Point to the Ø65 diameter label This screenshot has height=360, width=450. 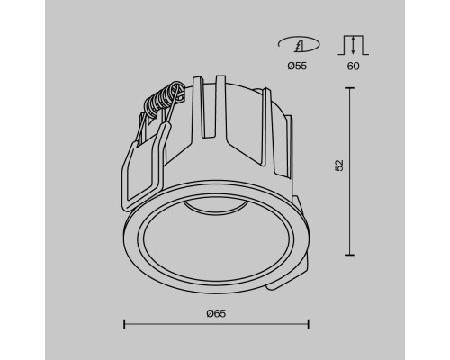[215, 312]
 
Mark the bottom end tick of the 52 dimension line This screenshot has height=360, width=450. [349, 250]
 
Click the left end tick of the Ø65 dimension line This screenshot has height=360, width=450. [122, 324]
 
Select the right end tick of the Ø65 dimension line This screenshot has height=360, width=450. [309, 324]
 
